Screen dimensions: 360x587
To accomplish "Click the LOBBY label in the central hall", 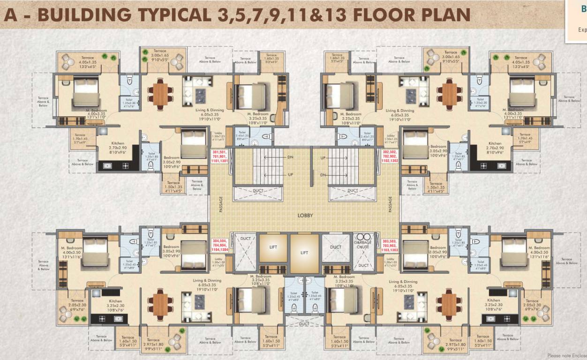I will coord(305,216).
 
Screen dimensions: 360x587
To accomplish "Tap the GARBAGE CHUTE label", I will coord(363,244).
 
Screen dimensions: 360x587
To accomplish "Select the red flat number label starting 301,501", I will coord(220,156).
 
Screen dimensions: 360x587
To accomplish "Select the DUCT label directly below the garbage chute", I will coord(363,265).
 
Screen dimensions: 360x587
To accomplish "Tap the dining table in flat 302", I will coord(450,93).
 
